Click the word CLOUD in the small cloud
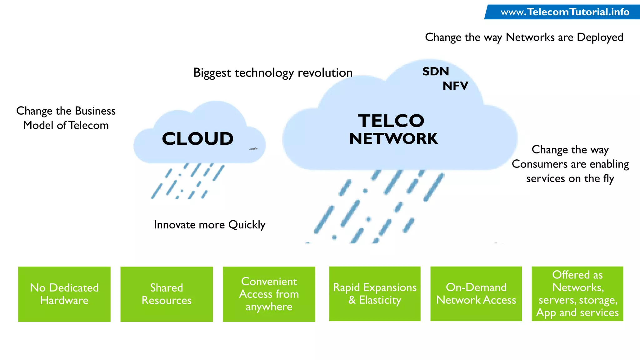[198, 139]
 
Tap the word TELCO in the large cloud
[391, 121]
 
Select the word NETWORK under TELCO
[393, 139]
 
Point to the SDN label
[436, 72]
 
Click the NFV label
[455, 86]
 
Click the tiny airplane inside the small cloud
[253, 149]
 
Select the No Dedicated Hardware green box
[64, 294]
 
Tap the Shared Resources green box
[167, 294]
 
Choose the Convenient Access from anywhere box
[269, 294]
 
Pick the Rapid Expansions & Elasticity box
[375, 294]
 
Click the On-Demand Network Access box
[476, 294]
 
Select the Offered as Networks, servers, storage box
[577, 294]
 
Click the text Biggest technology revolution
[272, 73]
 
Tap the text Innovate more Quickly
[209, 225]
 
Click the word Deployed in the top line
[600, 37]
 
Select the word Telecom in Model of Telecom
[88, 125]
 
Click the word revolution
[325, 73]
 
